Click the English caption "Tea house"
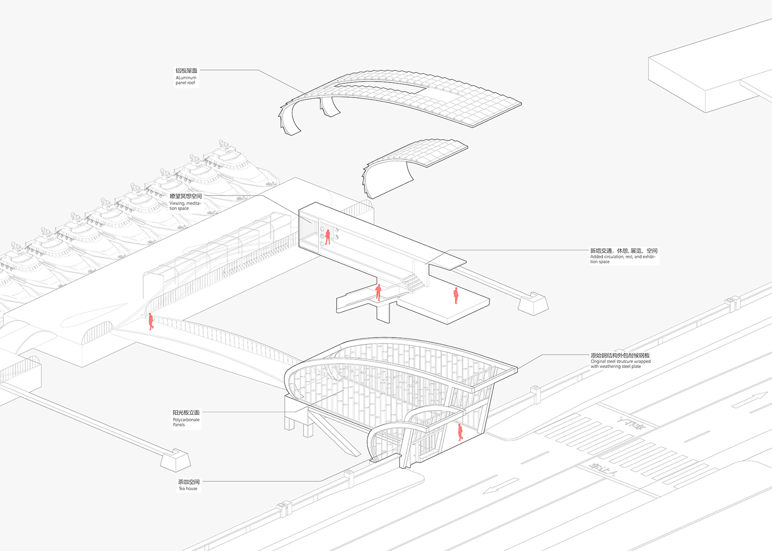pyautogui.click(x=188, y=489)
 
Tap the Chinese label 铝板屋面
pyautogui.click(x=186, y=71)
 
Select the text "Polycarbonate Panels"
pyautogui.click(x=186, y=422)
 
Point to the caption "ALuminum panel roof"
pyautogui.click(x=186, y=80)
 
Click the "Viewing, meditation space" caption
pyautogui.click(x=185, y=205)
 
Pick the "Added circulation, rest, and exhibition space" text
pyautogui.click(x=623, y=259)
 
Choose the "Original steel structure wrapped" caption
pyautogui.click(x=620, y=361)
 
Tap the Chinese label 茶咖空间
pyautogui.click(x=189, y=482)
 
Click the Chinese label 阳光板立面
pyautogui.click(x=186, y=413)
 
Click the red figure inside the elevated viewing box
pyautogui.click(x=328, y=237)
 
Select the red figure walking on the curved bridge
pyautogui.click(x=151, y=321)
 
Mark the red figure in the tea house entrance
pyautogui.click(x=460, y=432)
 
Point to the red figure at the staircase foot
pyautogui.click(x=378, y=292)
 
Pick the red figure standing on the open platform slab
pyautogui.click(x=456, y=296)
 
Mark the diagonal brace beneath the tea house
pyautogui.click(x=334, y=432)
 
